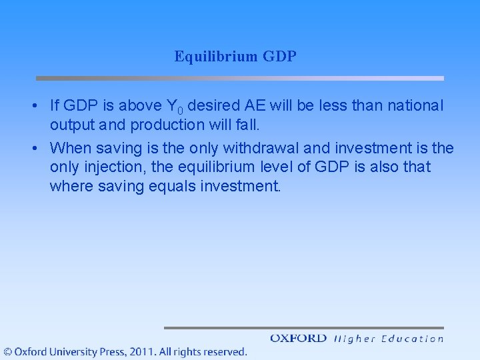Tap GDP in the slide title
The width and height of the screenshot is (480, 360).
(x=280, y=57)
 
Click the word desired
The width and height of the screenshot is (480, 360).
(x=209, y=105)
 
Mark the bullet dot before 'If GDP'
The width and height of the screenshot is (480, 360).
(x=33, y=106)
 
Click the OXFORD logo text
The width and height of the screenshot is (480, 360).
(x=298, y=339)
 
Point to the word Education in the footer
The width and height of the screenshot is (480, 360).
(x=413, y=339)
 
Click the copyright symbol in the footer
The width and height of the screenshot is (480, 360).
(x=7, y=351)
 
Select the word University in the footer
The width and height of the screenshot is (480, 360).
(x=68, y=351)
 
